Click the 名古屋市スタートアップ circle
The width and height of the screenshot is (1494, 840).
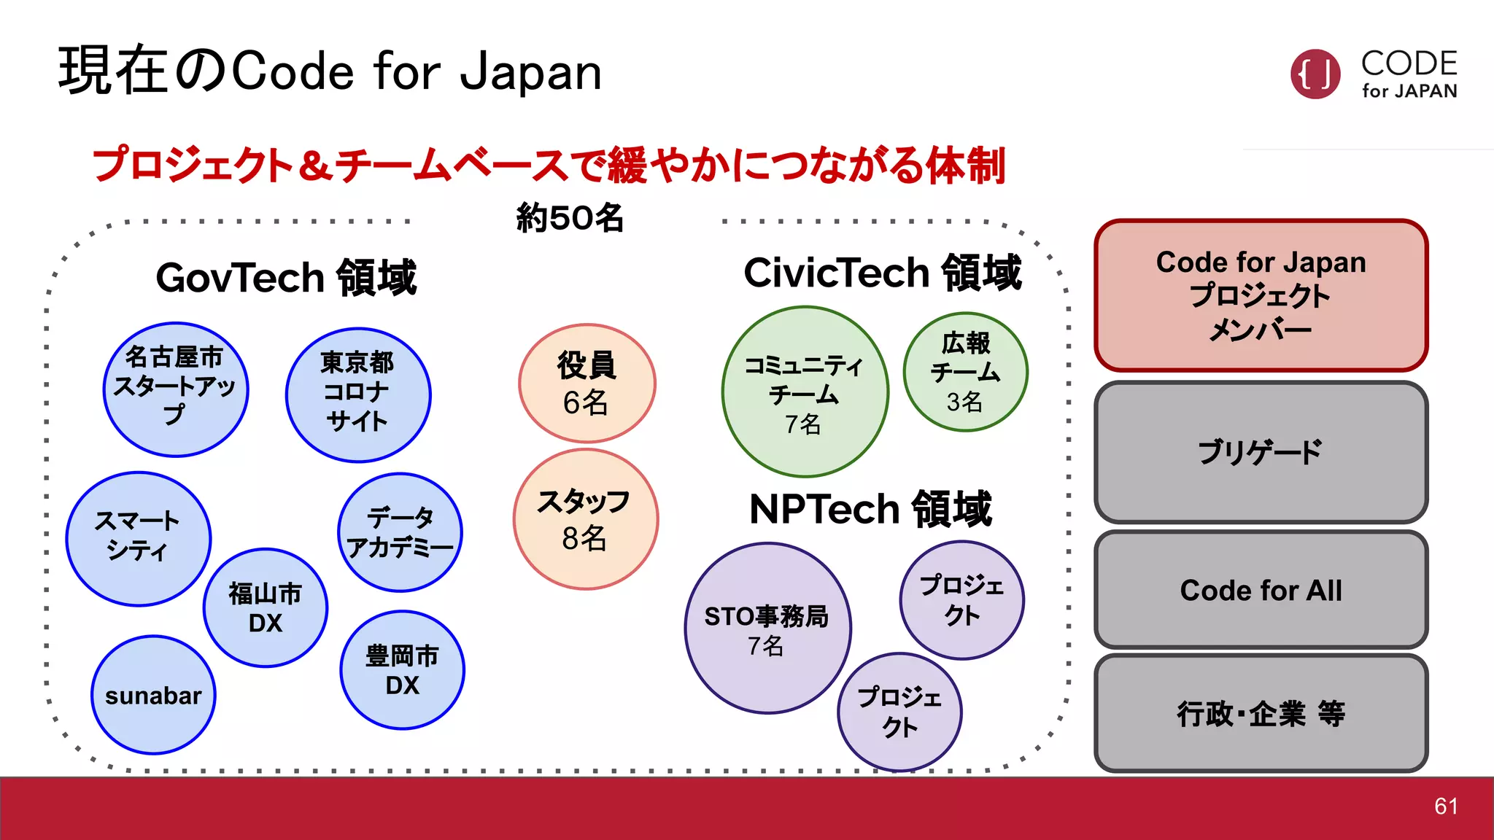point(176,389)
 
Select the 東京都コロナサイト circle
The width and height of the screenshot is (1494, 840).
point(358,394)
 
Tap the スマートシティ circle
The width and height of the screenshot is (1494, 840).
point(139,539)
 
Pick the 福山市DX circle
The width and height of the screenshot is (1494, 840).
point(266,607)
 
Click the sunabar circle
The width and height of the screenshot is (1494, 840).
point(153,695)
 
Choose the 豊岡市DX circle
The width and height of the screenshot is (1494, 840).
point(402,669)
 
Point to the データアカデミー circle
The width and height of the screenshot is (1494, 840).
point(400,532)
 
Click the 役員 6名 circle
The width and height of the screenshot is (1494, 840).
point(587,384)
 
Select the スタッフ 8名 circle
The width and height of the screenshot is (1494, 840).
point(585,519)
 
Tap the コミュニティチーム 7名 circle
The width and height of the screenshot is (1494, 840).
point(805,392)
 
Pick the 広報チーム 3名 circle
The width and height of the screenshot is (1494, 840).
point(965,372)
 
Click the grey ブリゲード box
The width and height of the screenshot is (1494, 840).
point(1261,452)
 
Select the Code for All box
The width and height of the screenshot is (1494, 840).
point(1261,590)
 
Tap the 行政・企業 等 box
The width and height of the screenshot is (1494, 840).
point(1261,713)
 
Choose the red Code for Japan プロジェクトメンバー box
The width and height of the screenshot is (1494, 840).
point(1261,295)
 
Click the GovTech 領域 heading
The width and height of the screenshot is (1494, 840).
point(286,278)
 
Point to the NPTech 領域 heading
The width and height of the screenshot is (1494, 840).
point(870,508)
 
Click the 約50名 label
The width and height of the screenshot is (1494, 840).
point(570,218)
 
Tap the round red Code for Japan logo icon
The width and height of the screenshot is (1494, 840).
point(1315,74)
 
